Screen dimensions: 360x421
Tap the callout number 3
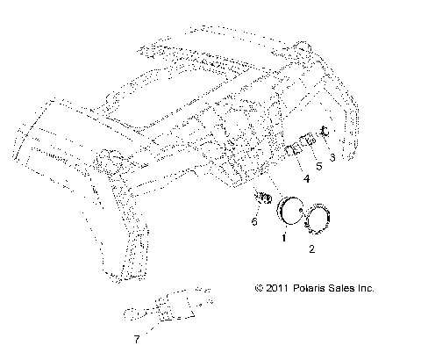pos(331,156)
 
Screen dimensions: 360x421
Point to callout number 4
pos(306,178)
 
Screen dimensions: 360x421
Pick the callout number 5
pos(319,164)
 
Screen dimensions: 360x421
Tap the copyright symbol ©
pos(259,287)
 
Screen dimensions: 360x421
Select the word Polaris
pos(310,287)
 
